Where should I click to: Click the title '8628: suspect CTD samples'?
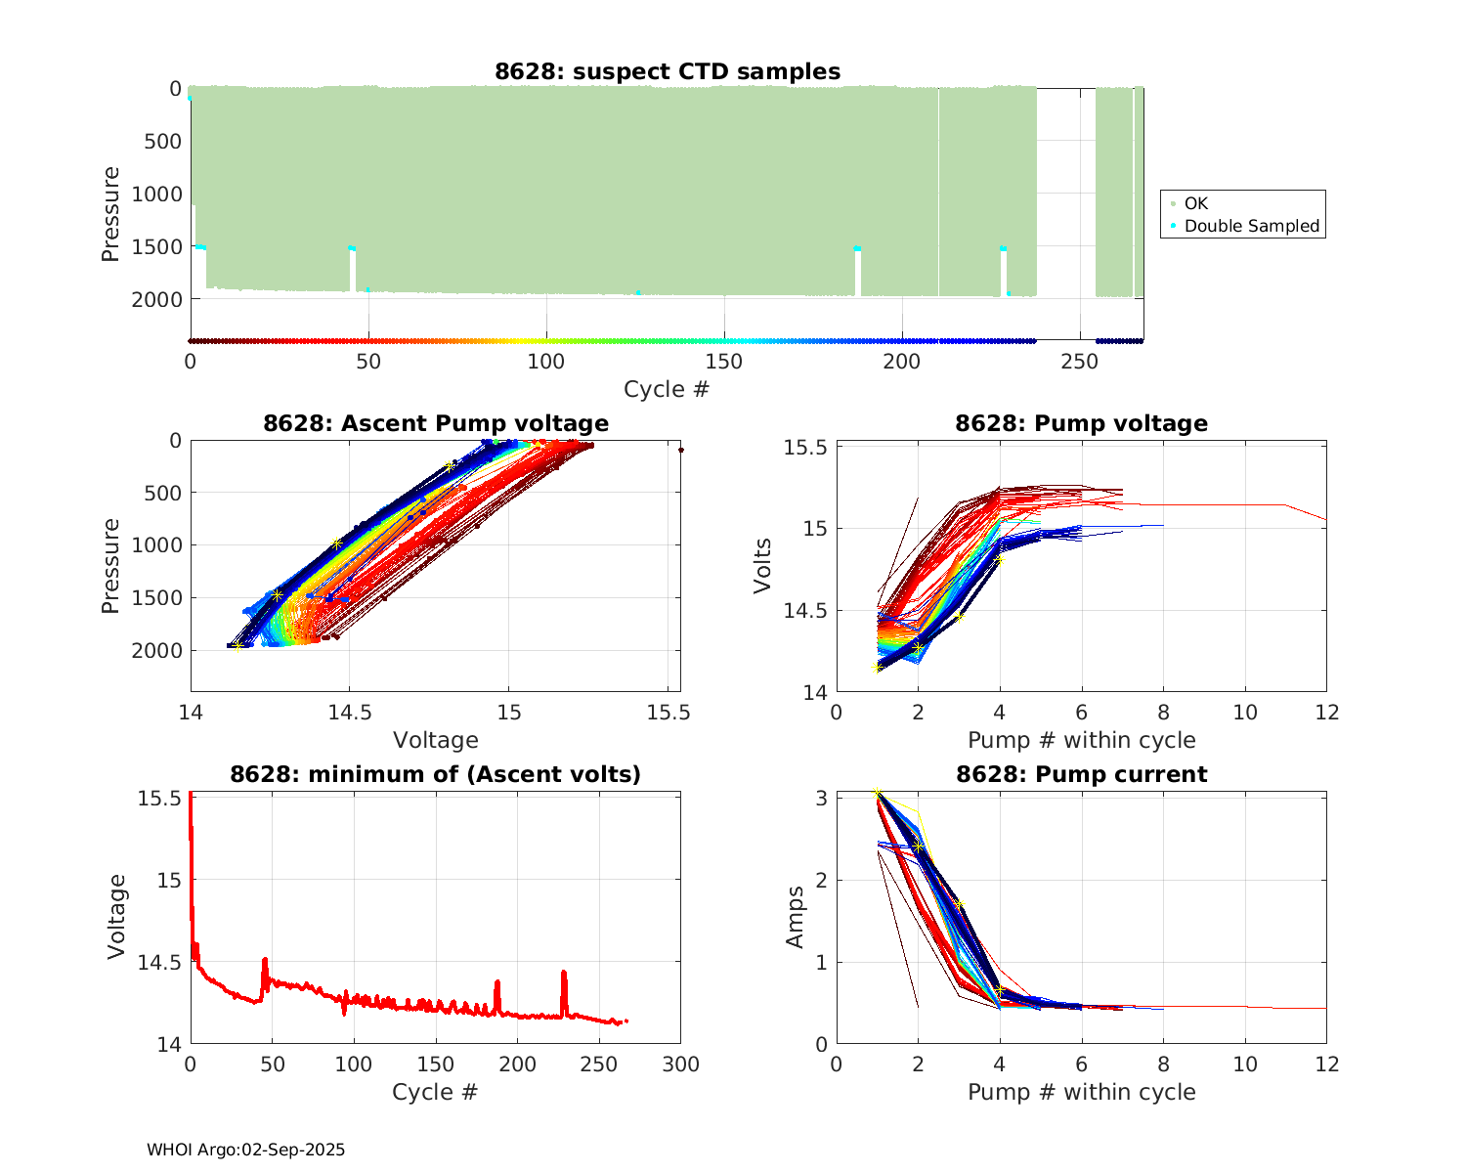tap(668, 71)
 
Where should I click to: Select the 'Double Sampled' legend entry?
tap(1251, 226)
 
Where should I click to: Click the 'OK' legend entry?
tap(1195, 203)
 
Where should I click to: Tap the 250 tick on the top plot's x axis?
tap(1080, 361)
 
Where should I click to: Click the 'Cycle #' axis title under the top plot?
tap(667, 389)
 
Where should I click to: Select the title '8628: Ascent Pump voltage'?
tap(436, 423)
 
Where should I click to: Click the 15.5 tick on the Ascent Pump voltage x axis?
tap(668, 713)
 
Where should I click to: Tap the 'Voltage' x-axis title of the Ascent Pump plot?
tap(436, 740)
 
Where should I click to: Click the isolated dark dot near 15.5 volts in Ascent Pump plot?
tap(680, 450)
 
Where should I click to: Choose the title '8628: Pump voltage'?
tap(1081, 423)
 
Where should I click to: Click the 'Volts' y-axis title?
tap(763, 566)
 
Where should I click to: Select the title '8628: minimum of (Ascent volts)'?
tap(436, 774)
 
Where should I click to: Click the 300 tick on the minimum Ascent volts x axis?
tap(680, 1064)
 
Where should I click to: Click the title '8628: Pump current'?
tap(1081, 774)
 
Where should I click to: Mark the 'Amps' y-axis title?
tap(797, 917)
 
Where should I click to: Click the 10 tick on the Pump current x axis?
tap(1245, 1064)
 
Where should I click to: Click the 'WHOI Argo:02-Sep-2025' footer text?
tap(246, 1150)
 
